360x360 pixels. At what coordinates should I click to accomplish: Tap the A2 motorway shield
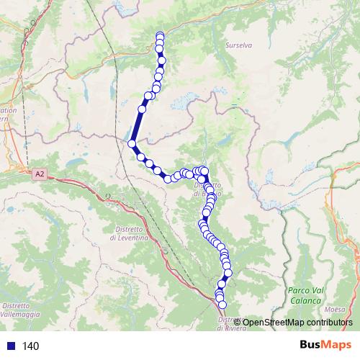39,173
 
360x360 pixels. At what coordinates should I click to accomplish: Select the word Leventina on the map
131,237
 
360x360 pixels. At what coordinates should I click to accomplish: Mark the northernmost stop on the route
160,36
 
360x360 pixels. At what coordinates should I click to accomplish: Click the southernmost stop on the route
222,305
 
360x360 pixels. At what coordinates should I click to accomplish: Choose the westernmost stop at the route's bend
132,144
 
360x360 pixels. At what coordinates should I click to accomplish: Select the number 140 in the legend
30,346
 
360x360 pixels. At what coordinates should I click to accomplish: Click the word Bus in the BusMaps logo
311,346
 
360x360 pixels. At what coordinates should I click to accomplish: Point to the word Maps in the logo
337,346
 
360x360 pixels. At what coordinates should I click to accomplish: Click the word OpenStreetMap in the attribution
274,322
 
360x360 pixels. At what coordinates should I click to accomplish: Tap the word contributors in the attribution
330,322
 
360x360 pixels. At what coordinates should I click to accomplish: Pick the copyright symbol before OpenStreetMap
238,322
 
